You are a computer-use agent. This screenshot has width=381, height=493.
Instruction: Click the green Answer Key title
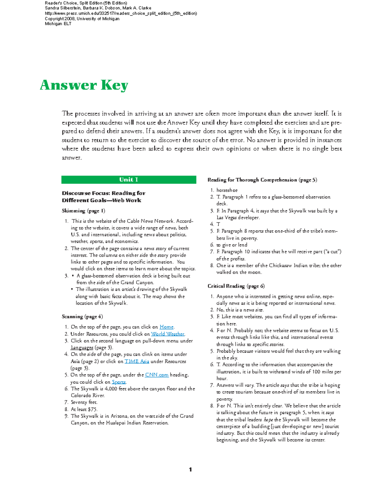[84, 85]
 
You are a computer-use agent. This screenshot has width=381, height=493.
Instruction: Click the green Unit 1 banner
[129, 180]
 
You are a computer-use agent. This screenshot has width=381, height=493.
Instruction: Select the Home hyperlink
[166, 327]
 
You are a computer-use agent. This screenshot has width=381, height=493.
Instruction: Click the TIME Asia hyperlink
[137, 361]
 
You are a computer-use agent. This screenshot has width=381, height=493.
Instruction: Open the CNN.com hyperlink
[157, 375]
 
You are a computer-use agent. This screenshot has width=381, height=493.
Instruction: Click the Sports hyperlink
[119, 382]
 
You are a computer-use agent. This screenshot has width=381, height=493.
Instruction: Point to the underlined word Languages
[82, 348]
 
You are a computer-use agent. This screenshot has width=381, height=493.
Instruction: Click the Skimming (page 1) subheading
[83, 211]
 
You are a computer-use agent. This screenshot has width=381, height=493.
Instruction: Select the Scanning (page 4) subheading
[82, 316]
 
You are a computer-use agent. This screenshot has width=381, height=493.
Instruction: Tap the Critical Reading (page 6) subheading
[236, 286]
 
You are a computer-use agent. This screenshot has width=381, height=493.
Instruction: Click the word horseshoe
[227, 190]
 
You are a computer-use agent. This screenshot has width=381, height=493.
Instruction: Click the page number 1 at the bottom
[190, 470]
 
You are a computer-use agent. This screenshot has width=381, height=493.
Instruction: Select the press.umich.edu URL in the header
[121, 13]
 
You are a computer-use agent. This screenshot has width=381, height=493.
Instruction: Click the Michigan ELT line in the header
[58, 24]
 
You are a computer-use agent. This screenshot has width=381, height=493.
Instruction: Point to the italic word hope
[268, 419]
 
